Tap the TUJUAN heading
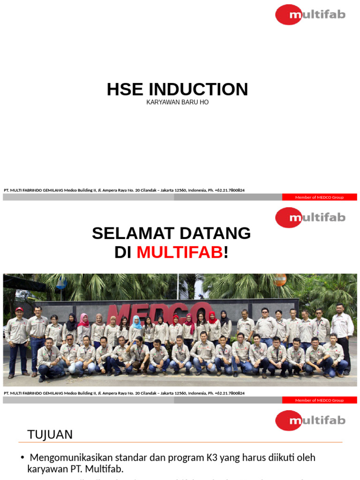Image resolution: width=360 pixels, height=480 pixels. click(x=50, y=435)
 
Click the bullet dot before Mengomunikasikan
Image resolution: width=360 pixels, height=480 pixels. click(x=22, y=457)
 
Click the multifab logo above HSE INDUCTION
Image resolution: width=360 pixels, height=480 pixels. click(x=310, y=15)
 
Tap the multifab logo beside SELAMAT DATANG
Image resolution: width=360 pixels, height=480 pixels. click(x=310, y=217)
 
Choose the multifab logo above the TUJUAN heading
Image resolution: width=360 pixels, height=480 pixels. click(x=310, y=420)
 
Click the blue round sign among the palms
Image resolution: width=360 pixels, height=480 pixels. click(x=61, y=283)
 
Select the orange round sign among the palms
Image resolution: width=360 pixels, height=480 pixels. click(x=280, y=279)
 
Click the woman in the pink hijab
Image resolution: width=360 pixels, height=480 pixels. click(x=83, y=328)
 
